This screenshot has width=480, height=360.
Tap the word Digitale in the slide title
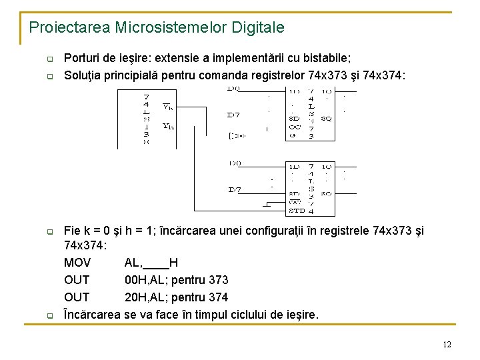pos(258,27)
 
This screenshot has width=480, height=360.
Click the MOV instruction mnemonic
pos(77,263)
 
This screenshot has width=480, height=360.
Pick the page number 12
pos(447,344)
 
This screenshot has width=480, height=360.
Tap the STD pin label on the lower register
pos(296,211)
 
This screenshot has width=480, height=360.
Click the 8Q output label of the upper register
pos(326,119)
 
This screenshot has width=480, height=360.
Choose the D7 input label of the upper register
pos(234,115)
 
